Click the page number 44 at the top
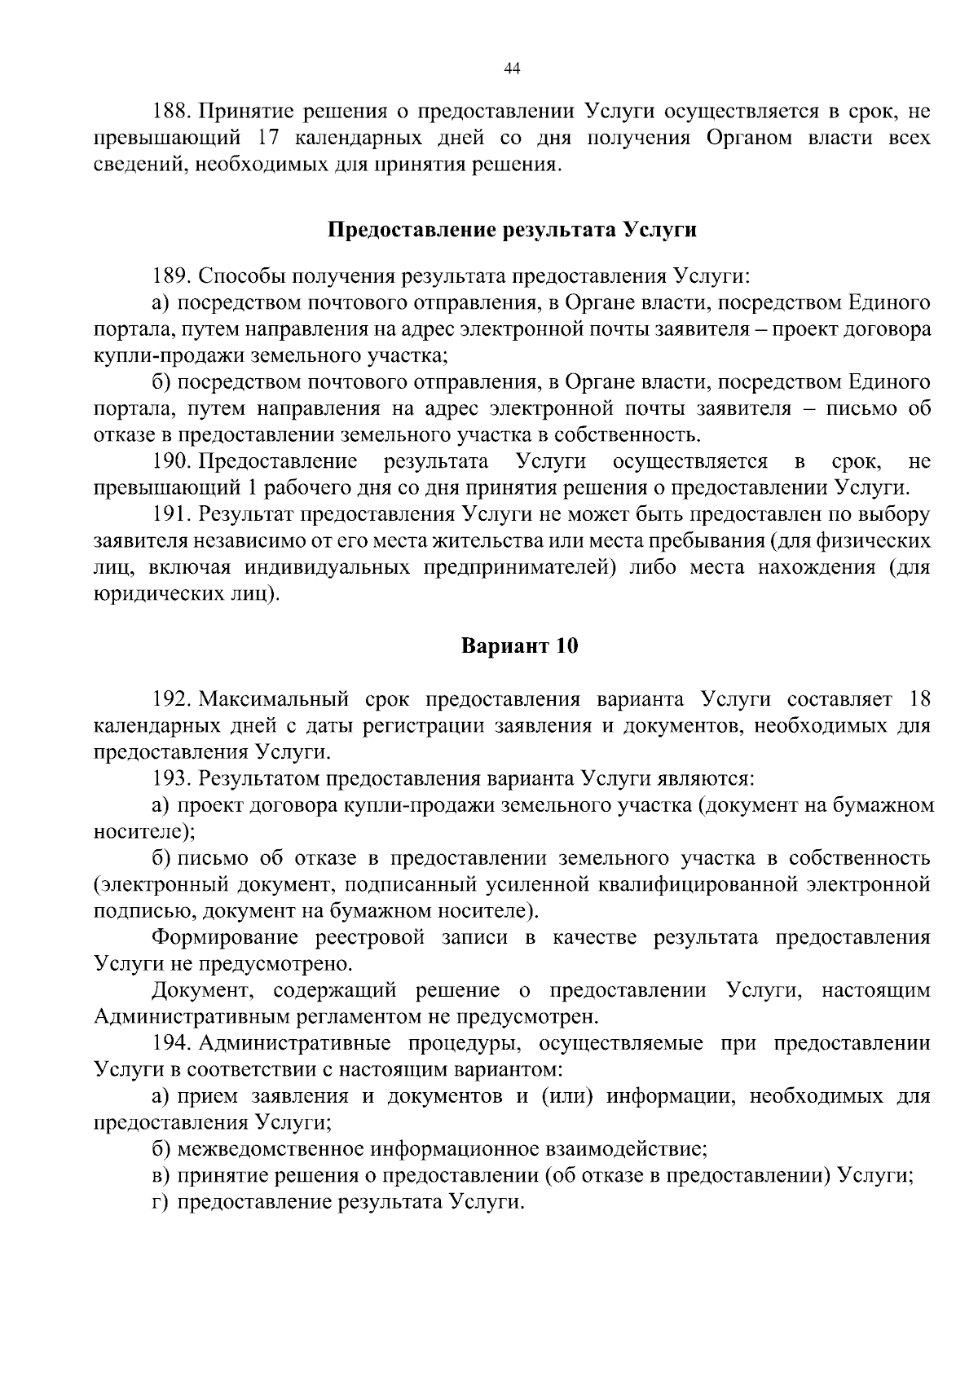coord(512,69)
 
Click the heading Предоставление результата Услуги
coord(512,231)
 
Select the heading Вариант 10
coord(519,647)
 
